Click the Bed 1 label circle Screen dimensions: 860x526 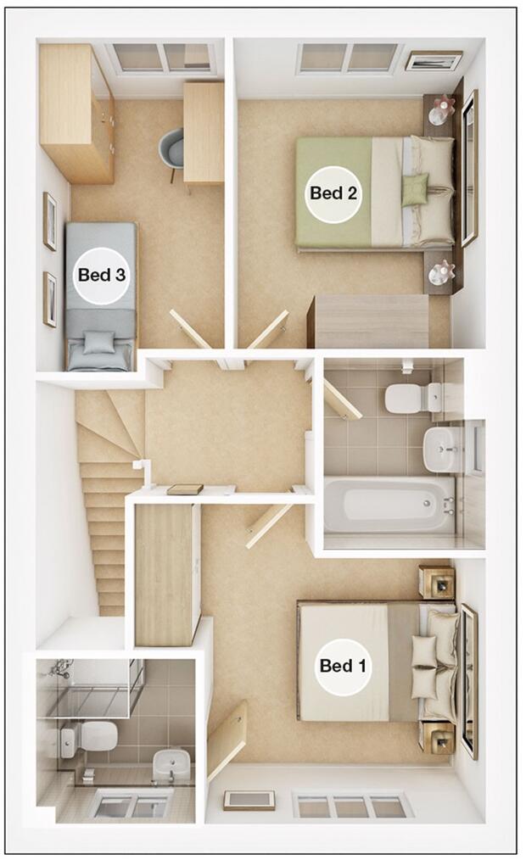point(343,665)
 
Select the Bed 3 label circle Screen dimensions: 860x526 point(101,275)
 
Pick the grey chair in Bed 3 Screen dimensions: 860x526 point(171,150)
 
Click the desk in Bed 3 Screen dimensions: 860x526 point(204,131)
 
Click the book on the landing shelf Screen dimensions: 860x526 point(185,489)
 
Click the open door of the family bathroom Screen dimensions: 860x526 point(341,399)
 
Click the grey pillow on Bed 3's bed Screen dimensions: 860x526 point(99,343)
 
